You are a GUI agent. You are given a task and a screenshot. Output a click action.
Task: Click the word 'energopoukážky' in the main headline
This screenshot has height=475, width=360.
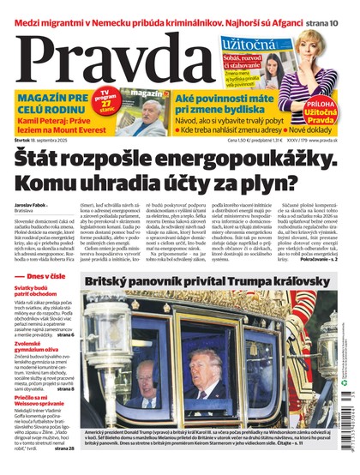tap(231, 159)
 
